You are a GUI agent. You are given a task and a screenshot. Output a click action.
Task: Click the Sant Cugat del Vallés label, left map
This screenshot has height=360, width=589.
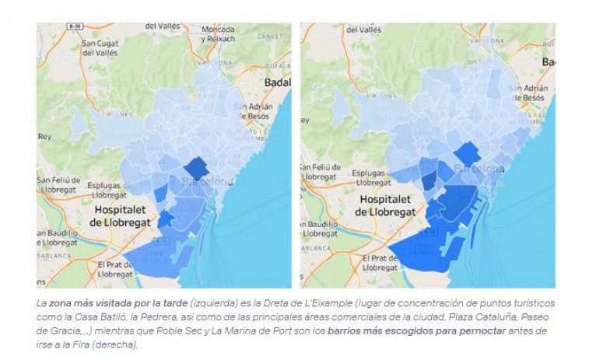(x=98, y=47)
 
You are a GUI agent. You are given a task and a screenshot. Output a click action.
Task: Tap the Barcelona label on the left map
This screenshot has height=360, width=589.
(x=207, y=181)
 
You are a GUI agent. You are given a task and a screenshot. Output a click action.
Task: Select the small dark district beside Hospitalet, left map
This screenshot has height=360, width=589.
(x=166, y=219)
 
